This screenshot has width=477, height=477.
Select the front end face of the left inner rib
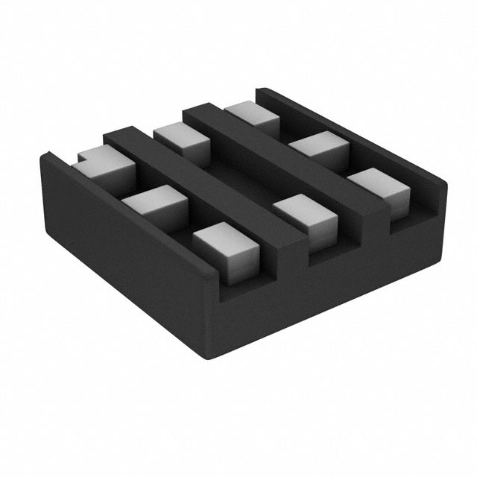pos(294,253)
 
